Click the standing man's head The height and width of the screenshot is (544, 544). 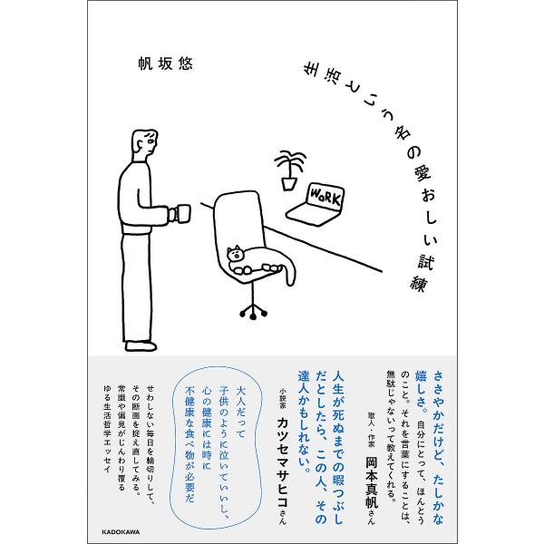point(145,142)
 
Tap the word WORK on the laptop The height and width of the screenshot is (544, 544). point(325,197)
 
